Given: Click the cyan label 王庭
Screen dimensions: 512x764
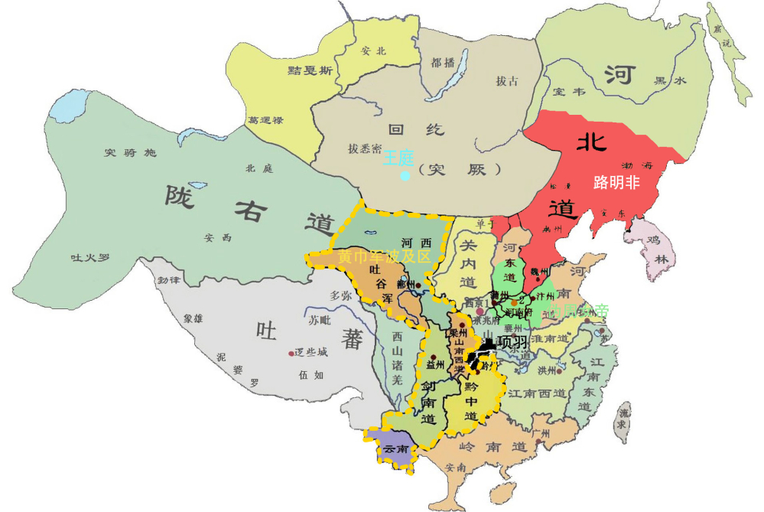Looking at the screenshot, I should [x=398, y=158].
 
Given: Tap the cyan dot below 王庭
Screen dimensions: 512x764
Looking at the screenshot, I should [x=405, y=176].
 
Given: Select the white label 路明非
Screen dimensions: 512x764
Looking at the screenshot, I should [x=616, y=183].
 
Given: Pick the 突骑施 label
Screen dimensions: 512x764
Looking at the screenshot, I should [x=129, y=152].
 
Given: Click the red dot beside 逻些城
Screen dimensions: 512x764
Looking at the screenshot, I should [x=291, y=353].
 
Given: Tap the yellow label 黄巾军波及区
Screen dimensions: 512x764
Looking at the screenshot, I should [x=385, y=256].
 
